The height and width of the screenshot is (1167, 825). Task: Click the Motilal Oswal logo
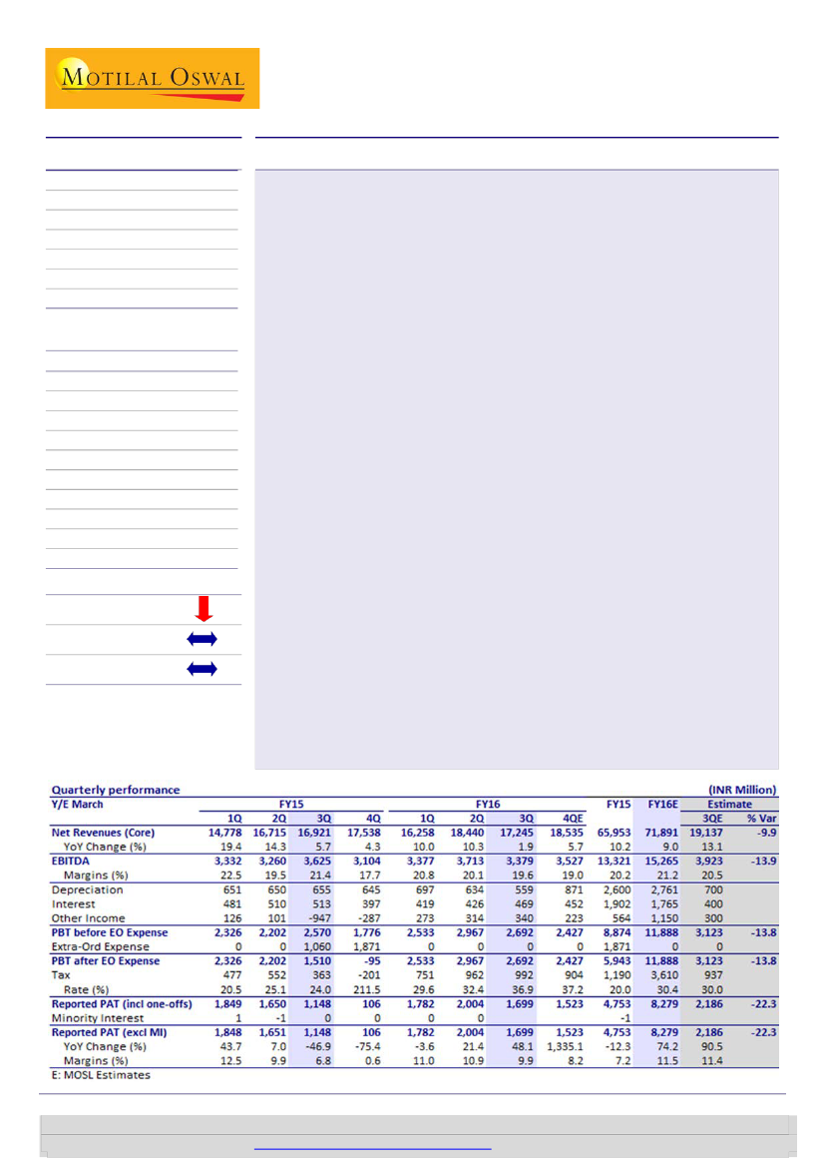tap(152, 78)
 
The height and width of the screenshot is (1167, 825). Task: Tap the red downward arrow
tap(203, 608)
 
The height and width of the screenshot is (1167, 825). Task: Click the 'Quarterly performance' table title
tap(116, 790)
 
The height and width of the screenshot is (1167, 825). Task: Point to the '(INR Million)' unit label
tap(740, 790)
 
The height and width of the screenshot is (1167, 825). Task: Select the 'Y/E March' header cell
tap(77, 804)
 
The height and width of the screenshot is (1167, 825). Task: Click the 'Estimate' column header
tap(731, 804)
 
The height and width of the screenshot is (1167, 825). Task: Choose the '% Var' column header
tap(761, 818)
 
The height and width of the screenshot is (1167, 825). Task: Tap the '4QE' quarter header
tap(576, 818)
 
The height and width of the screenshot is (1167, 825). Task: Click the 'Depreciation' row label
tap(87, 889)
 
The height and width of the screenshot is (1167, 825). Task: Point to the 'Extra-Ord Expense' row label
tap(101, 946)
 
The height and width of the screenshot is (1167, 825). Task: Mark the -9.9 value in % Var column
tap(762, 832)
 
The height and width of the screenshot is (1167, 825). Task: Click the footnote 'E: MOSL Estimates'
tap(101, 1076)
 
